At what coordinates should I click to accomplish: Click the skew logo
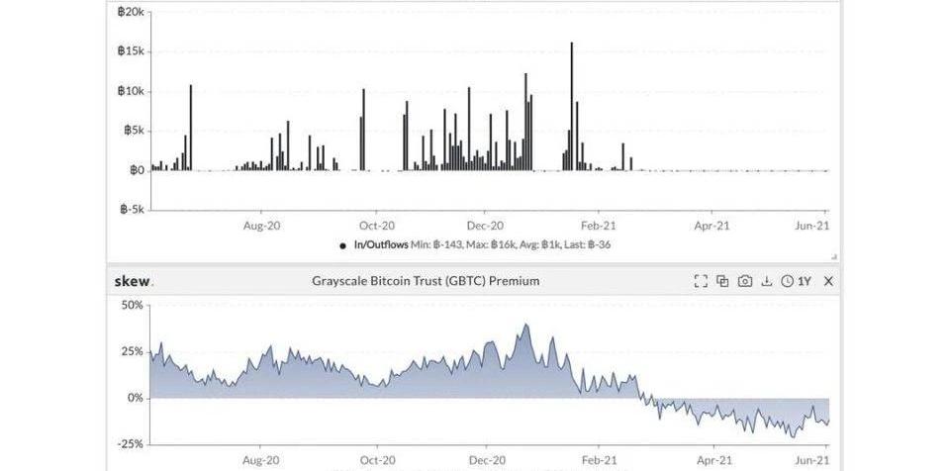pos(134,281)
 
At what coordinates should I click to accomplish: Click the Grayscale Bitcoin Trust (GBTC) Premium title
pos(426,281)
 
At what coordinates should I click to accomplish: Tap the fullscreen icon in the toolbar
pos(701,281)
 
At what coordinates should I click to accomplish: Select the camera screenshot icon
pos(744,281)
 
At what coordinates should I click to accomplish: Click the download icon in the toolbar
pos(766,281)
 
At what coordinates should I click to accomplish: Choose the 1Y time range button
pos(797,281)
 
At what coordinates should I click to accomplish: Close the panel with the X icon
pos(828,281)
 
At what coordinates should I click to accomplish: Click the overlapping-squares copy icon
pos(722,281)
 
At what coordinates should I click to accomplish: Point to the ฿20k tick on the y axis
pos(131,12)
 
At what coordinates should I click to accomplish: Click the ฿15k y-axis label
pos(131,51)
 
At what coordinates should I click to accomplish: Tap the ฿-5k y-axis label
pos(132,210)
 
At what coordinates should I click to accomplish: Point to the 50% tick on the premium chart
pos(133,305)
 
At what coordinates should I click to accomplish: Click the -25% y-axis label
pos(131,444)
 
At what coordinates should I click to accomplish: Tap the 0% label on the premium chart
pos(135,398)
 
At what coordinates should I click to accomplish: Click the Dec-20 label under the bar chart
pos(486,226)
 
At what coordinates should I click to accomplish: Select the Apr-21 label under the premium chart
pos(712,460)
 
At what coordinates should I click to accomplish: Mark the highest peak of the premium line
pos(525,325)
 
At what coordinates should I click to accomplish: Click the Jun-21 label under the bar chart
pos(812,226)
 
